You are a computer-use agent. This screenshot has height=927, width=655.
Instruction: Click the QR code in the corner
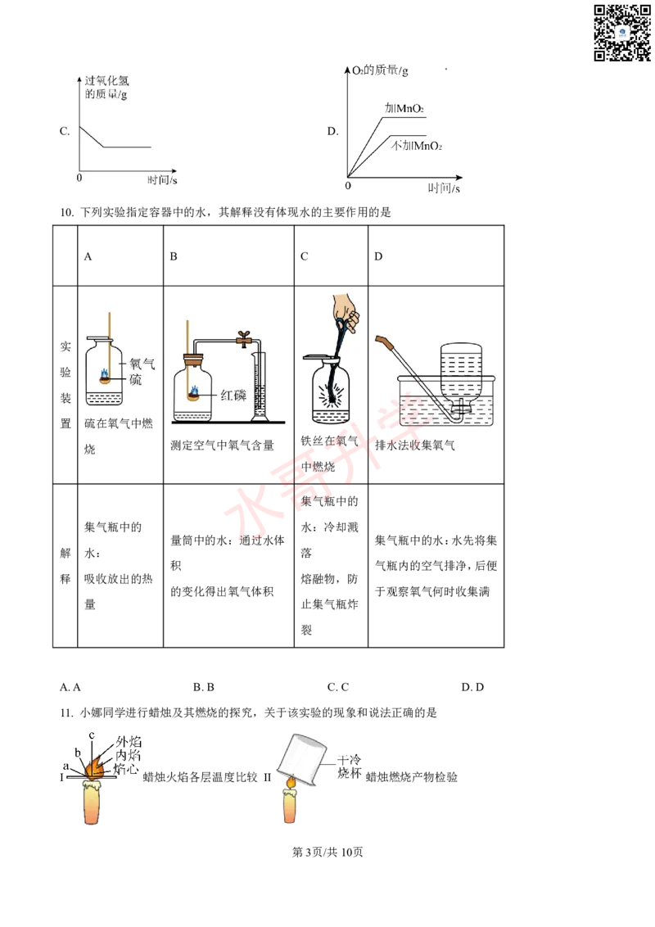pos(622,33)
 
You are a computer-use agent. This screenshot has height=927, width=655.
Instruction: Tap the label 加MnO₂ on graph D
pos(404,108)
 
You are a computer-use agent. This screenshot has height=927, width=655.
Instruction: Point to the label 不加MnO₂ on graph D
pos(416,146)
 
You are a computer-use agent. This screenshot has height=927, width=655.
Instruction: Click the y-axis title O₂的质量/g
pos(380,70)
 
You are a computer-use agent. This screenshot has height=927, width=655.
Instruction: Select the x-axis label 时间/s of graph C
pos(162,179)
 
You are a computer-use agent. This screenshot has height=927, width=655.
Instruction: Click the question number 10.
pos(66,212)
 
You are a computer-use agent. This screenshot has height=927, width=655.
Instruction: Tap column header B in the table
pos(174,256)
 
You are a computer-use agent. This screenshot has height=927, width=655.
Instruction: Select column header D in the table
pos(378,256)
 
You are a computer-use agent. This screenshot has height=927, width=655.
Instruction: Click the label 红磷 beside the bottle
pos(233,395)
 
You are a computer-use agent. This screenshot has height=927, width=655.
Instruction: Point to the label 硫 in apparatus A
pos(135,379)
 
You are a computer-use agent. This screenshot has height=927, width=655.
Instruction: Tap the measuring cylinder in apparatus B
pos(259,387)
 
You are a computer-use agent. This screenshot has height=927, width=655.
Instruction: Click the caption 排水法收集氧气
pos(415,445)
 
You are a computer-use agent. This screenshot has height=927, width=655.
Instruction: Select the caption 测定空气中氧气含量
pos(222,445)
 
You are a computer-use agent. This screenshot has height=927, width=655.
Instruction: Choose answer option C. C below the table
pos(338,687)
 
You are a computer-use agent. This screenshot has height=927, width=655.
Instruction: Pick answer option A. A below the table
pos(70,687)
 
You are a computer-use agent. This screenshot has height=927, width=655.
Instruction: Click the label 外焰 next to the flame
pos(129,741)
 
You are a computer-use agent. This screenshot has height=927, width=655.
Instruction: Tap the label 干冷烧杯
pos(349,766)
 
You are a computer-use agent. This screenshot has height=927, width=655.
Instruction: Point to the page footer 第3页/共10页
pos(327,852)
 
